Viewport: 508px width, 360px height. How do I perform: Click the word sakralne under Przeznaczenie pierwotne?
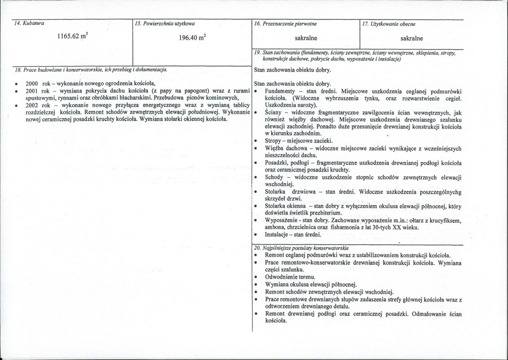[x=306, y=38]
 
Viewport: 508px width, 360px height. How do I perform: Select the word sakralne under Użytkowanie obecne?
[x=412, y=38]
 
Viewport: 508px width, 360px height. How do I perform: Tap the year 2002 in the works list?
[x=32, y=105]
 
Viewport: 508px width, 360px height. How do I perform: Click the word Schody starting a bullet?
[x=275, y=177]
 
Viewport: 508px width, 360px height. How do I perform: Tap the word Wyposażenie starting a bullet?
[x=282, y=221]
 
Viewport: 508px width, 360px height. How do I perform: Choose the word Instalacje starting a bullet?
[x=278, y=234]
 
